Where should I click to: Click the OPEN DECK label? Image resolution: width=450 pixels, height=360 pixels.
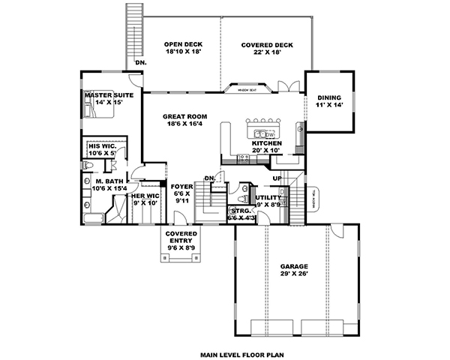tap(178, 45)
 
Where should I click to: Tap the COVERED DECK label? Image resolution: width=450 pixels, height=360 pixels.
tap(267, 45)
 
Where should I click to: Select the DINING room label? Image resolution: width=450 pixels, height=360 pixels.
tap(329, 97)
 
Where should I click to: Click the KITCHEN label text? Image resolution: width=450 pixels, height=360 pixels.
tap(266, 142)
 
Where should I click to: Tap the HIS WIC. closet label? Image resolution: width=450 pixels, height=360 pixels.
tap(100, 147)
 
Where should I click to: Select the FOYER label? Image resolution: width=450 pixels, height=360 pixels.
tap(182, 186)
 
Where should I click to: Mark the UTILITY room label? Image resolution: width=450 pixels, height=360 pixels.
tap(268, 198)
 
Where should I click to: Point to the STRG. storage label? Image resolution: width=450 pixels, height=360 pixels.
tap(241, 211)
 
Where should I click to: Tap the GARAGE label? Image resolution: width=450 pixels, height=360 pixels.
tap(294, 267)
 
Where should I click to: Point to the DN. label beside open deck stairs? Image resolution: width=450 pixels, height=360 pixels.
tap(140, 62)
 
